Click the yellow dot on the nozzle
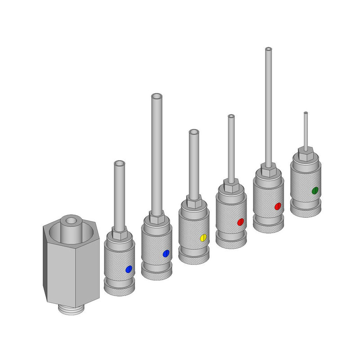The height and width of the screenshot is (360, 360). (203, 238)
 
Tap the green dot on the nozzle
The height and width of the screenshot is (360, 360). (315, 190)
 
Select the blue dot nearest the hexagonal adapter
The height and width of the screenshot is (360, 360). (129, 269)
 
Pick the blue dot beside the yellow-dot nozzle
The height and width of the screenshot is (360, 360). (166, 254)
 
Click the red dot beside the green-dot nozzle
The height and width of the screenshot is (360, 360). (278, 207)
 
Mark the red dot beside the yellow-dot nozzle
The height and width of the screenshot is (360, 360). (240, 222)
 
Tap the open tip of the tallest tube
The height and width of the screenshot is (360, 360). (268, 49)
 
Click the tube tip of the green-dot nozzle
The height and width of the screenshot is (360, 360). (306, 112)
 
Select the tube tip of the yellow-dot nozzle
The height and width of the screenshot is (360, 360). (193, 132)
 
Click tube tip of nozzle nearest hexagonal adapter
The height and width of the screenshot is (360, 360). (119, 163)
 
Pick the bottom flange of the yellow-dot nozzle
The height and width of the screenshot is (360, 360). (193, 258)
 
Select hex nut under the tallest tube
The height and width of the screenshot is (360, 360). (268, 171)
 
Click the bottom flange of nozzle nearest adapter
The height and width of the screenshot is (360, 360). (119, 289)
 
